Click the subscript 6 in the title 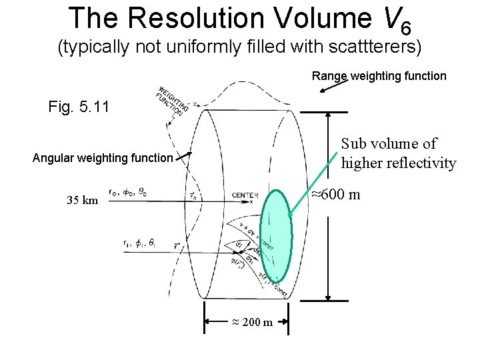[x=406, y=27]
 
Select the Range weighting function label [x=379, y=76]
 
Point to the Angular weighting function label [x=103, y=158]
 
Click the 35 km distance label [x=82, y=200]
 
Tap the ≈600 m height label [x=337, y=195]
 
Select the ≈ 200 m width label [x=251, y=323]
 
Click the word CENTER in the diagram [x=245, y=195]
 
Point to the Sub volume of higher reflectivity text [x=398, y=153]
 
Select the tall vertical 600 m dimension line [x=328, y=207]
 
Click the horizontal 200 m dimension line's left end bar [x=205, y=322]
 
